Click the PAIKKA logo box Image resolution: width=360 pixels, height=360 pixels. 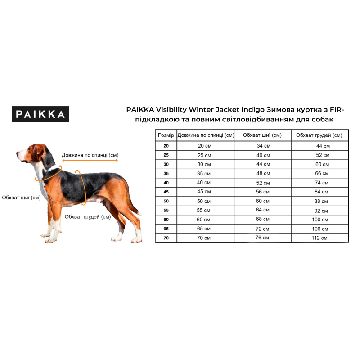coord(40,114)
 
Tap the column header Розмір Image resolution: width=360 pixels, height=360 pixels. coord(166,135)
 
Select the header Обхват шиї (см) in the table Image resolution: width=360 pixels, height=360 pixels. coord(262,135)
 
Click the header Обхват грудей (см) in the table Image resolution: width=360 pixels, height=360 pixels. coord(319,135)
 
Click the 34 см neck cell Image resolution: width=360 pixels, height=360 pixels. coord(263,146)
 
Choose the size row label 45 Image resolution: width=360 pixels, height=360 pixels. coord(166,192)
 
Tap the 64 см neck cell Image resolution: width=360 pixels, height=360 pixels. coord(263,210)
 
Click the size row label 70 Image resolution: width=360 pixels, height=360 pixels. coord(166,238)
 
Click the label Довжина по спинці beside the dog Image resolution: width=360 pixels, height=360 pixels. coord(90,155)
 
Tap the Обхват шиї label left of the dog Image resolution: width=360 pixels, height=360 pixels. coord(21,198)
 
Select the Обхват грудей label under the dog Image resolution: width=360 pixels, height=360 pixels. coord(88,216)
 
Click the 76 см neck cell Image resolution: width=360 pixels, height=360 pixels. coord(263,238)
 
